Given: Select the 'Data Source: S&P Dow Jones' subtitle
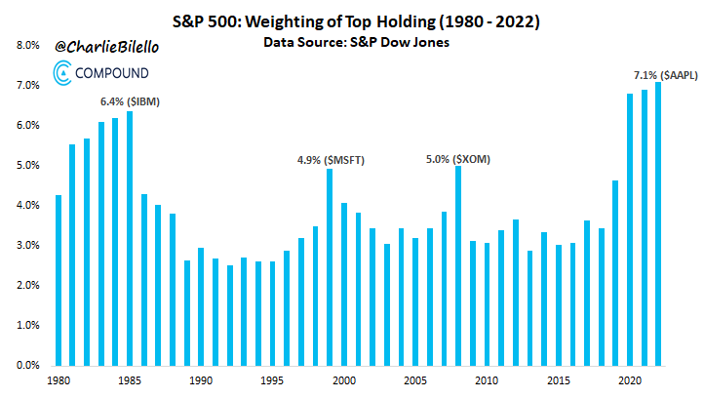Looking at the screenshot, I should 357,44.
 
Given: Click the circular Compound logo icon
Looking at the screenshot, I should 60,71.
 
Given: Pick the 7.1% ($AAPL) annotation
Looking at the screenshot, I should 664,74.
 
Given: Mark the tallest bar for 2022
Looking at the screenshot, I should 658,223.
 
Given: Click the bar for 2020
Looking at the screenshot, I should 630,229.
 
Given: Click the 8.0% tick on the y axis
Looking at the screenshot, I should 27,46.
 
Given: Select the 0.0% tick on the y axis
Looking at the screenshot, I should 27,365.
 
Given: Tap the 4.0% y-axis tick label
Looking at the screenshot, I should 27,206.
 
